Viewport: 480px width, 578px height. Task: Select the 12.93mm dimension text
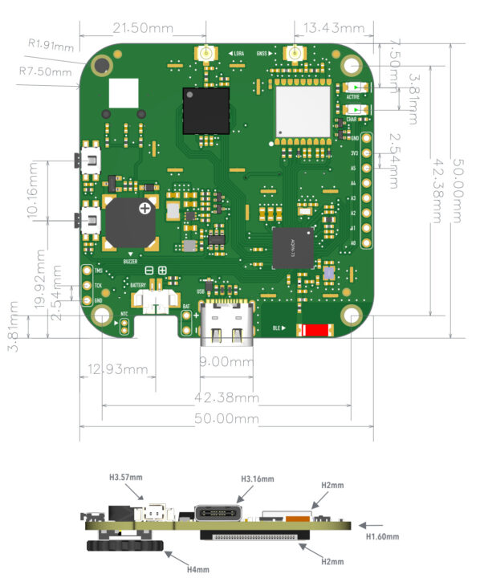(113, 369)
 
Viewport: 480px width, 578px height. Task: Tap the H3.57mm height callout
(125, 476)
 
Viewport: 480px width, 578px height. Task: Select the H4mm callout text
(197, 569)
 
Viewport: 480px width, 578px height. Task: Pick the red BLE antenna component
(315, 330)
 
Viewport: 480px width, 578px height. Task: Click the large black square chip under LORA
(205, 111)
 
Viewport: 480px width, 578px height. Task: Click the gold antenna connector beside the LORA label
(206, 55)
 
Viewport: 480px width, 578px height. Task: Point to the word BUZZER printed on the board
(130, 261)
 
